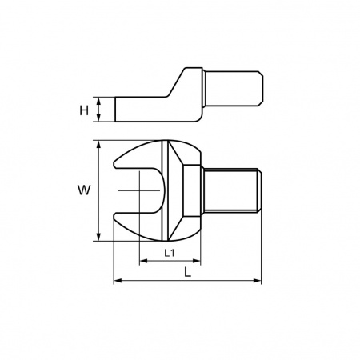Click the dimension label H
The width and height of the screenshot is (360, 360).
tap(84, 110)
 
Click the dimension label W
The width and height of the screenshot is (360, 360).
tap(84, 190)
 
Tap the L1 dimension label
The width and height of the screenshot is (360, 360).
tap(170, 253)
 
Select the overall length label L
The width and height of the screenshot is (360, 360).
tap(188, 272)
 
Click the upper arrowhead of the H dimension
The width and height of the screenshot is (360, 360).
tap(98, 101)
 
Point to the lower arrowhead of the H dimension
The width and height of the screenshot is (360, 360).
tap(98, 118)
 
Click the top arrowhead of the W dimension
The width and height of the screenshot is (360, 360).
tap(98, 144)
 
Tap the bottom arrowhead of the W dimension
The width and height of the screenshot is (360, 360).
tap(98, 237)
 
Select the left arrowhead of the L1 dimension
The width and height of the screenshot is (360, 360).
tap(143, 261)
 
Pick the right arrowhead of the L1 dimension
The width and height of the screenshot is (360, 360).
tap(196, 261)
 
